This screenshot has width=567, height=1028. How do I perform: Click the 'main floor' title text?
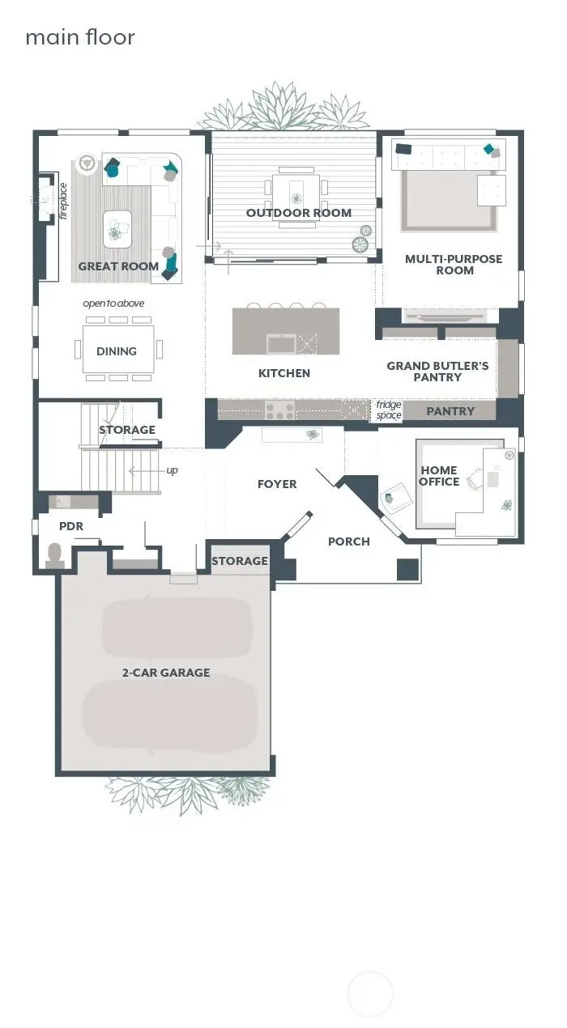pyautogui.click(x=79, y=37)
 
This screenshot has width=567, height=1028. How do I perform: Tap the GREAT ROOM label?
pyautogui.click(x=118, y=265)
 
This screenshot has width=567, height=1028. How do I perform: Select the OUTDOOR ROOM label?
pyautogui.click(x=299, y=213)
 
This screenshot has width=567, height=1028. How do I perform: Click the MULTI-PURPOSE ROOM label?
pyautogui.click(x=454, y=265)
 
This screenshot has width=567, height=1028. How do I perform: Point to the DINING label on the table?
pyautogui.click(x=117, y=351)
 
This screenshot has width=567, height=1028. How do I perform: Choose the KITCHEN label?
pyautogui.click(x=284, y=373)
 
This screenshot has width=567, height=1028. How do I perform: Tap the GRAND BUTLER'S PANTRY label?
pyautogui.click(x=437, y=372)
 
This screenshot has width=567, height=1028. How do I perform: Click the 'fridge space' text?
pyautogui.click(x=389, y=410)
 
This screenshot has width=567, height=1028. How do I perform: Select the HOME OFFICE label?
pyautogui.click(x=439, y=476)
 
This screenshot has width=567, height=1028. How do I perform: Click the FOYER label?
pyautogui.click(x=277, y=484)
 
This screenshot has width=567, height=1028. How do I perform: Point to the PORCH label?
pyautogui.click(x=348, y=542)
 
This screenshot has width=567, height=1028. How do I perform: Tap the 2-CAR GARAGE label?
pyautogui.click(x=166, y=673)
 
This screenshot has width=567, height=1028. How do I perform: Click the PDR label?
pyautogui.click(x=71, y=526)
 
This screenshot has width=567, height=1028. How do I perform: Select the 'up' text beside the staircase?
pyautogui.click(x=172, y=470)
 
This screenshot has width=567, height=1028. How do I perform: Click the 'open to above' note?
pyautogui.click(x=113, y=304)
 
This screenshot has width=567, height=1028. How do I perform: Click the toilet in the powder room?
pyautogui.click(x=56, y=554)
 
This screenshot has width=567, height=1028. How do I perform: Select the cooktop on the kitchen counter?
pyautogui.click(x=280, y=410)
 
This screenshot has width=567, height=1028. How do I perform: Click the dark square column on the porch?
pyautogui.click(x=407, y=569)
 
